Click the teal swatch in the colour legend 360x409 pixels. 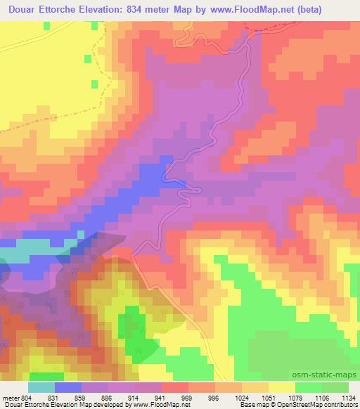(41, 387)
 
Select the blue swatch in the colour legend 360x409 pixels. (67, 387)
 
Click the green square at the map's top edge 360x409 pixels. (46, 25)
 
